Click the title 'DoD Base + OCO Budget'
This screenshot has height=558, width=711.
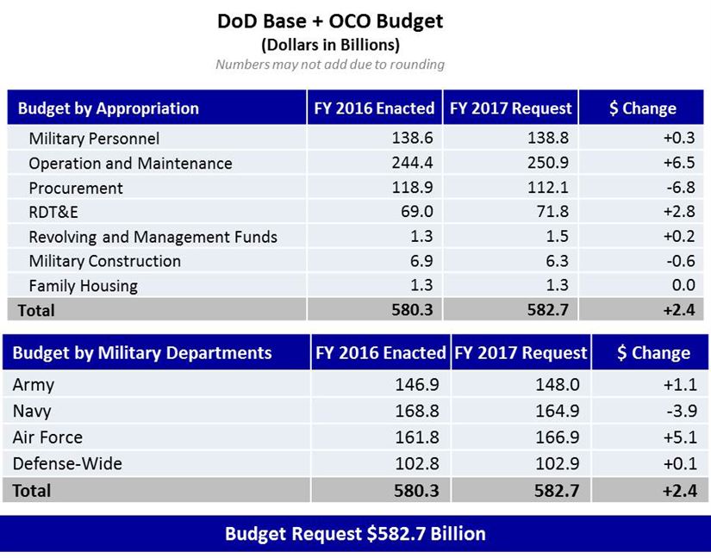[330, 21]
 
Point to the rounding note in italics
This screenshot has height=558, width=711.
[330, 65]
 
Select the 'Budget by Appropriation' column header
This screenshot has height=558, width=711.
[109, 108]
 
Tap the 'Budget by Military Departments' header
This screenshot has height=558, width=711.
[142, 353]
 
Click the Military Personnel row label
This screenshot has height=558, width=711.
[94, 139]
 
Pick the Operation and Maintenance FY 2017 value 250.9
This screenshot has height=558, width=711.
[549, 164]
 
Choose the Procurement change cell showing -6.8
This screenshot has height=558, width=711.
[677, 188]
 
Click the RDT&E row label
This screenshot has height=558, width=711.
[53, 213]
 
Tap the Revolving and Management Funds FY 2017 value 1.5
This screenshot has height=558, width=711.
[557, 237]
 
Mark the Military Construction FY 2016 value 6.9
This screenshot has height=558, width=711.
[421, 261]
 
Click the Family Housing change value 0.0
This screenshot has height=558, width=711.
[683, 286]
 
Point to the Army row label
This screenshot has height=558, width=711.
[34, 385]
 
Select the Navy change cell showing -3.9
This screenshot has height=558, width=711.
[680, 412]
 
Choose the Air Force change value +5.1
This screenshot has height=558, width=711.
[680, 437]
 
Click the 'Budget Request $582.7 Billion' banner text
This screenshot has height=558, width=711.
[355, 534]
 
